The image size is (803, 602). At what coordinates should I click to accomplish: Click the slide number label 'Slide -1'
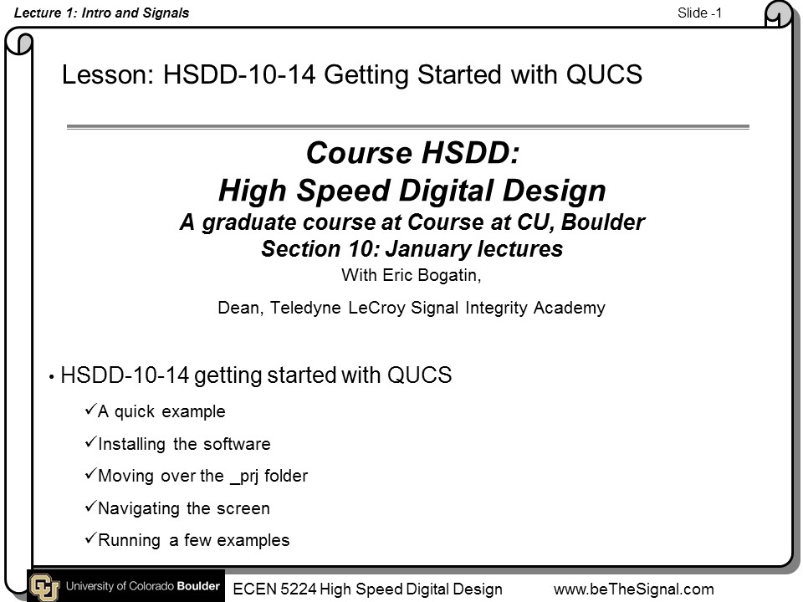coord(699,13)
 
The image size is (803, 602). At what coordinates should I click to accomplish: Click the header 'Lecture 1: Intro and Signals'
coord(101,13)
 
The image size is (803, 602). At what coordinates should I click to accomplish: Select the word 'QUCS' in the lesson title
coord(604,74)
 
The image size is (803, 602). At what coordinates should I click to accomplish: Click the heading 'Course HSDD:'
coord(412,152)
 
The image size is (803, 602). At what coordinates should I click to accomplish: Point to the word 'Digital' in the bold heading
coord(447,191)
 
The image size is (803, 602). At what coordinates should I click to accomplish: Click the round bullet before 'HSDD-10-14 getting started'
coord(52,378)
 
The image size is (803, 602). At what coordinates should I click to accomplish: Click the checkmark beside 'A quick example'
coord(90,410)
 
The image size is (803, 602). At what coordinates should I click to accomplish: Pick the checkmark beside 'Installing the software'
coord(90,441)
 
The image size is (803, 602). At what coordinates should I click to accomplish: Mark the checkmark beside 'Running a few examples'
coord(90,538)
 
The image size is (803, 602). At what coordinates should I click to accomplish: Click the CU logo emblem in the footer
coord(44,587)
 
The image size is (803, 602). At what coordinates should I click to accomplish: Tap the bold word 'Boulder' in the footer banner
coord(198,586)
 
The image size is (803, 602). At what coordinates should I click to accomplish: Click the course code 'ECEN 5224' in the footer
coord(274,589)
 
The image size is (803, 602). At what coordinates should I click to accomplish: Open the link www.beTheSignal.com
coord(634,589)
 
